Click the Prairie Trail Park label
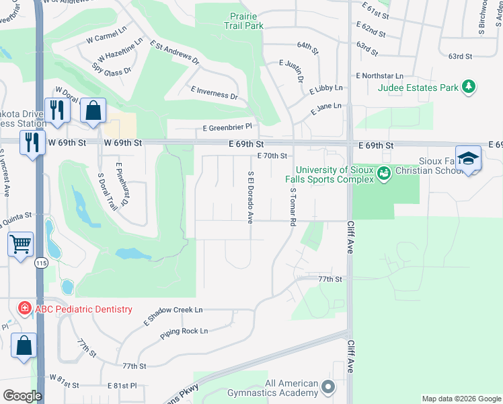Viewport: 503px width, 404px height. click(x=243, y=20)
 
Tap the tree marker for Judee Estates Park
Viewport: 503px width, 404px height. click(x=469, y=87)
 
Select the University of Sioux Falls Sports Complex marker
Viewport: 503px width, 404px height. click(x=383, y=174)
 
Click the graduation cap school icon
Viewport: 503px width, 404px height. click(x=468, y=158)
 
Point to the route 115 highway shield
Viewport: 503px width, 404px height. click(x=41, y=264)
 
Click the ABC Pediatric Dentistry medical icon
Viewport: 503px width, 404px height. click(x=25, y=309)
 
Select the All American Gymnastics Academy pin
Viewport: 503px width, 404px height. click(x=328, y=387)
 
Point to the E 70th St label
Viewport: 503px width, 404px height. click(x=272, y=156)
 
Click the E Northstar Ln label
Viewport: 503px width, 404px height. click(x=380, y=76)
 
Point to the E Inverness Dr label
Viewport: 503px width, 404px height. click(x=215, y=93)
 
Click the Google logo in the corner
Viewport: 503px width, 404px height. click(x=22, y=396)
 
